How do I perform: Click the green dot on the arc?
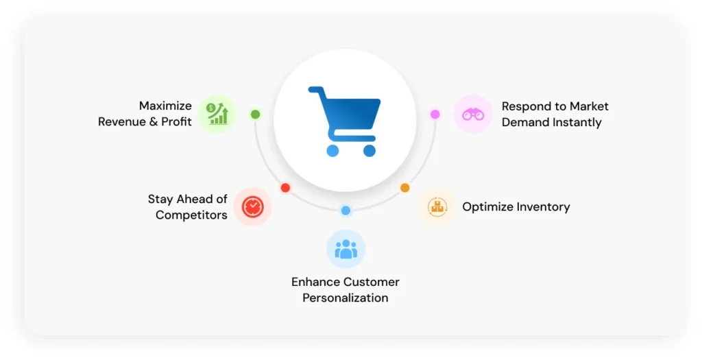click(x=255, y=115)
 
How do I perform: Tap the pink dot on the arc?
click(x=435, y=115)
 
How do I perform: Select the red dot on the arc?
click(x=285, y=188)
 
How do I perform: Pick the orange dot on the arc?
click(x=404, y=188)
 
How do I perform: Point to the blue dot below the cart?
click(x=346, y=211)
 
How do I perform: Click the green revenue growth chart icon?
click(x=217, y=114)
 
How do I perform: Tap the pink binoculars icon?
click(x=473, y=115)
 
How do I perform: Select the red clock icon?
click(x=253, y=206)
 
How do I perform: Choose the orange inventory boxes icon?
click(x=437, y=206)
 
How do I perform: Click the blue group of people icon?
click(x=346, y=249)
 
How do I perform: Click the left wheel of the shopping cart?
click(x=332, y=150)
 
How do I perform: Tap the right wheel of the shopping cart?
click(x=370, y=150)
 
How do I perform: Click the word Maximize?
click(x=165, y=106)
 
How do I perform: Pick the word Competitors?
click(x=191, y=215)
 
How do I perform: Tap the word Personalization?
click(x=346, y=298)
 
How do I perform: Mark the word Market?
click(x=590, y=106)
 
